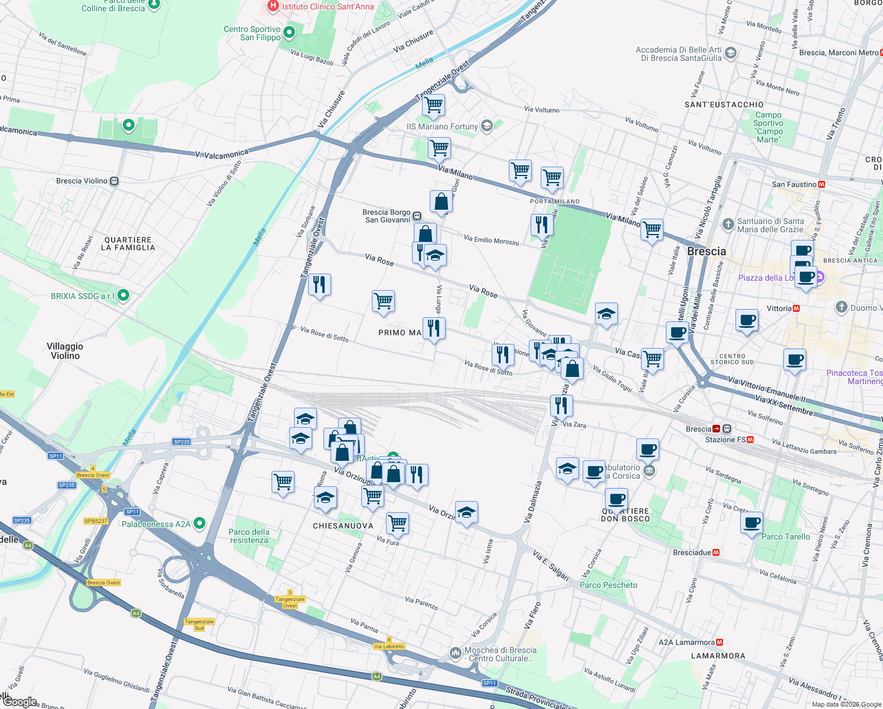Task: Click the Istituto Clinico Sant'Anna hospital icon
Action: point(273,6)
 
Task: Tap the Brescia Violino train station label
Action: point(82,181)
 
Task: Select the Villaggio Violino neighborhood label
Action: point(65,351)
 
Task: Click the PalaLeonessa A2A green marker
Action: point(200,523)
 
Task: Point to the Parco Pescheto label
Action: point(609,585)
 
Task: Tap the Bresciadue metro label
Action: point(692,552)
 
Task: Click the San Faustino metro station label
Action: point(794,184)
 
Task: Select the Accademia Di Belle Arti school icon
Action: point(730,53)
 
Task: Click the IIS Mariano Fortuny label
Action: point(442,126)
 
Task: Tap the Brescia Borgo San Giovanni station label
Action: point(387,216)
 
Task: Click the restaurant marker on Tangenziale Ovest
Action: point(319,285)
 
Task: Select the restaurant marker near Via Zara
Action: point(561,405)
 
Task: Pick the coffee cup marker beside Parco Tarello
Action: point(751,523)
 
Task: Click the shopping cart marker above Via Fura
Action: point(397,523)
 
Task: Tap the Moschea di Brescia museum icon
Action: point(455,653)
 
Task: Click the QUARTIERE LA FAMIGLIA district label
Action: point(128,243)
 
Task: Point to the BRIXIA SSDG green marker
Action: point(123,295)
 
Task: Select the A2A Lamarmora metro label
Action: point(686,642)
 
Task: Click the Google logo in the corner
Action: point(20,701)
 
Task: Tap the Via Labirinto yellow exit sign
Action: point(389,646)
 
